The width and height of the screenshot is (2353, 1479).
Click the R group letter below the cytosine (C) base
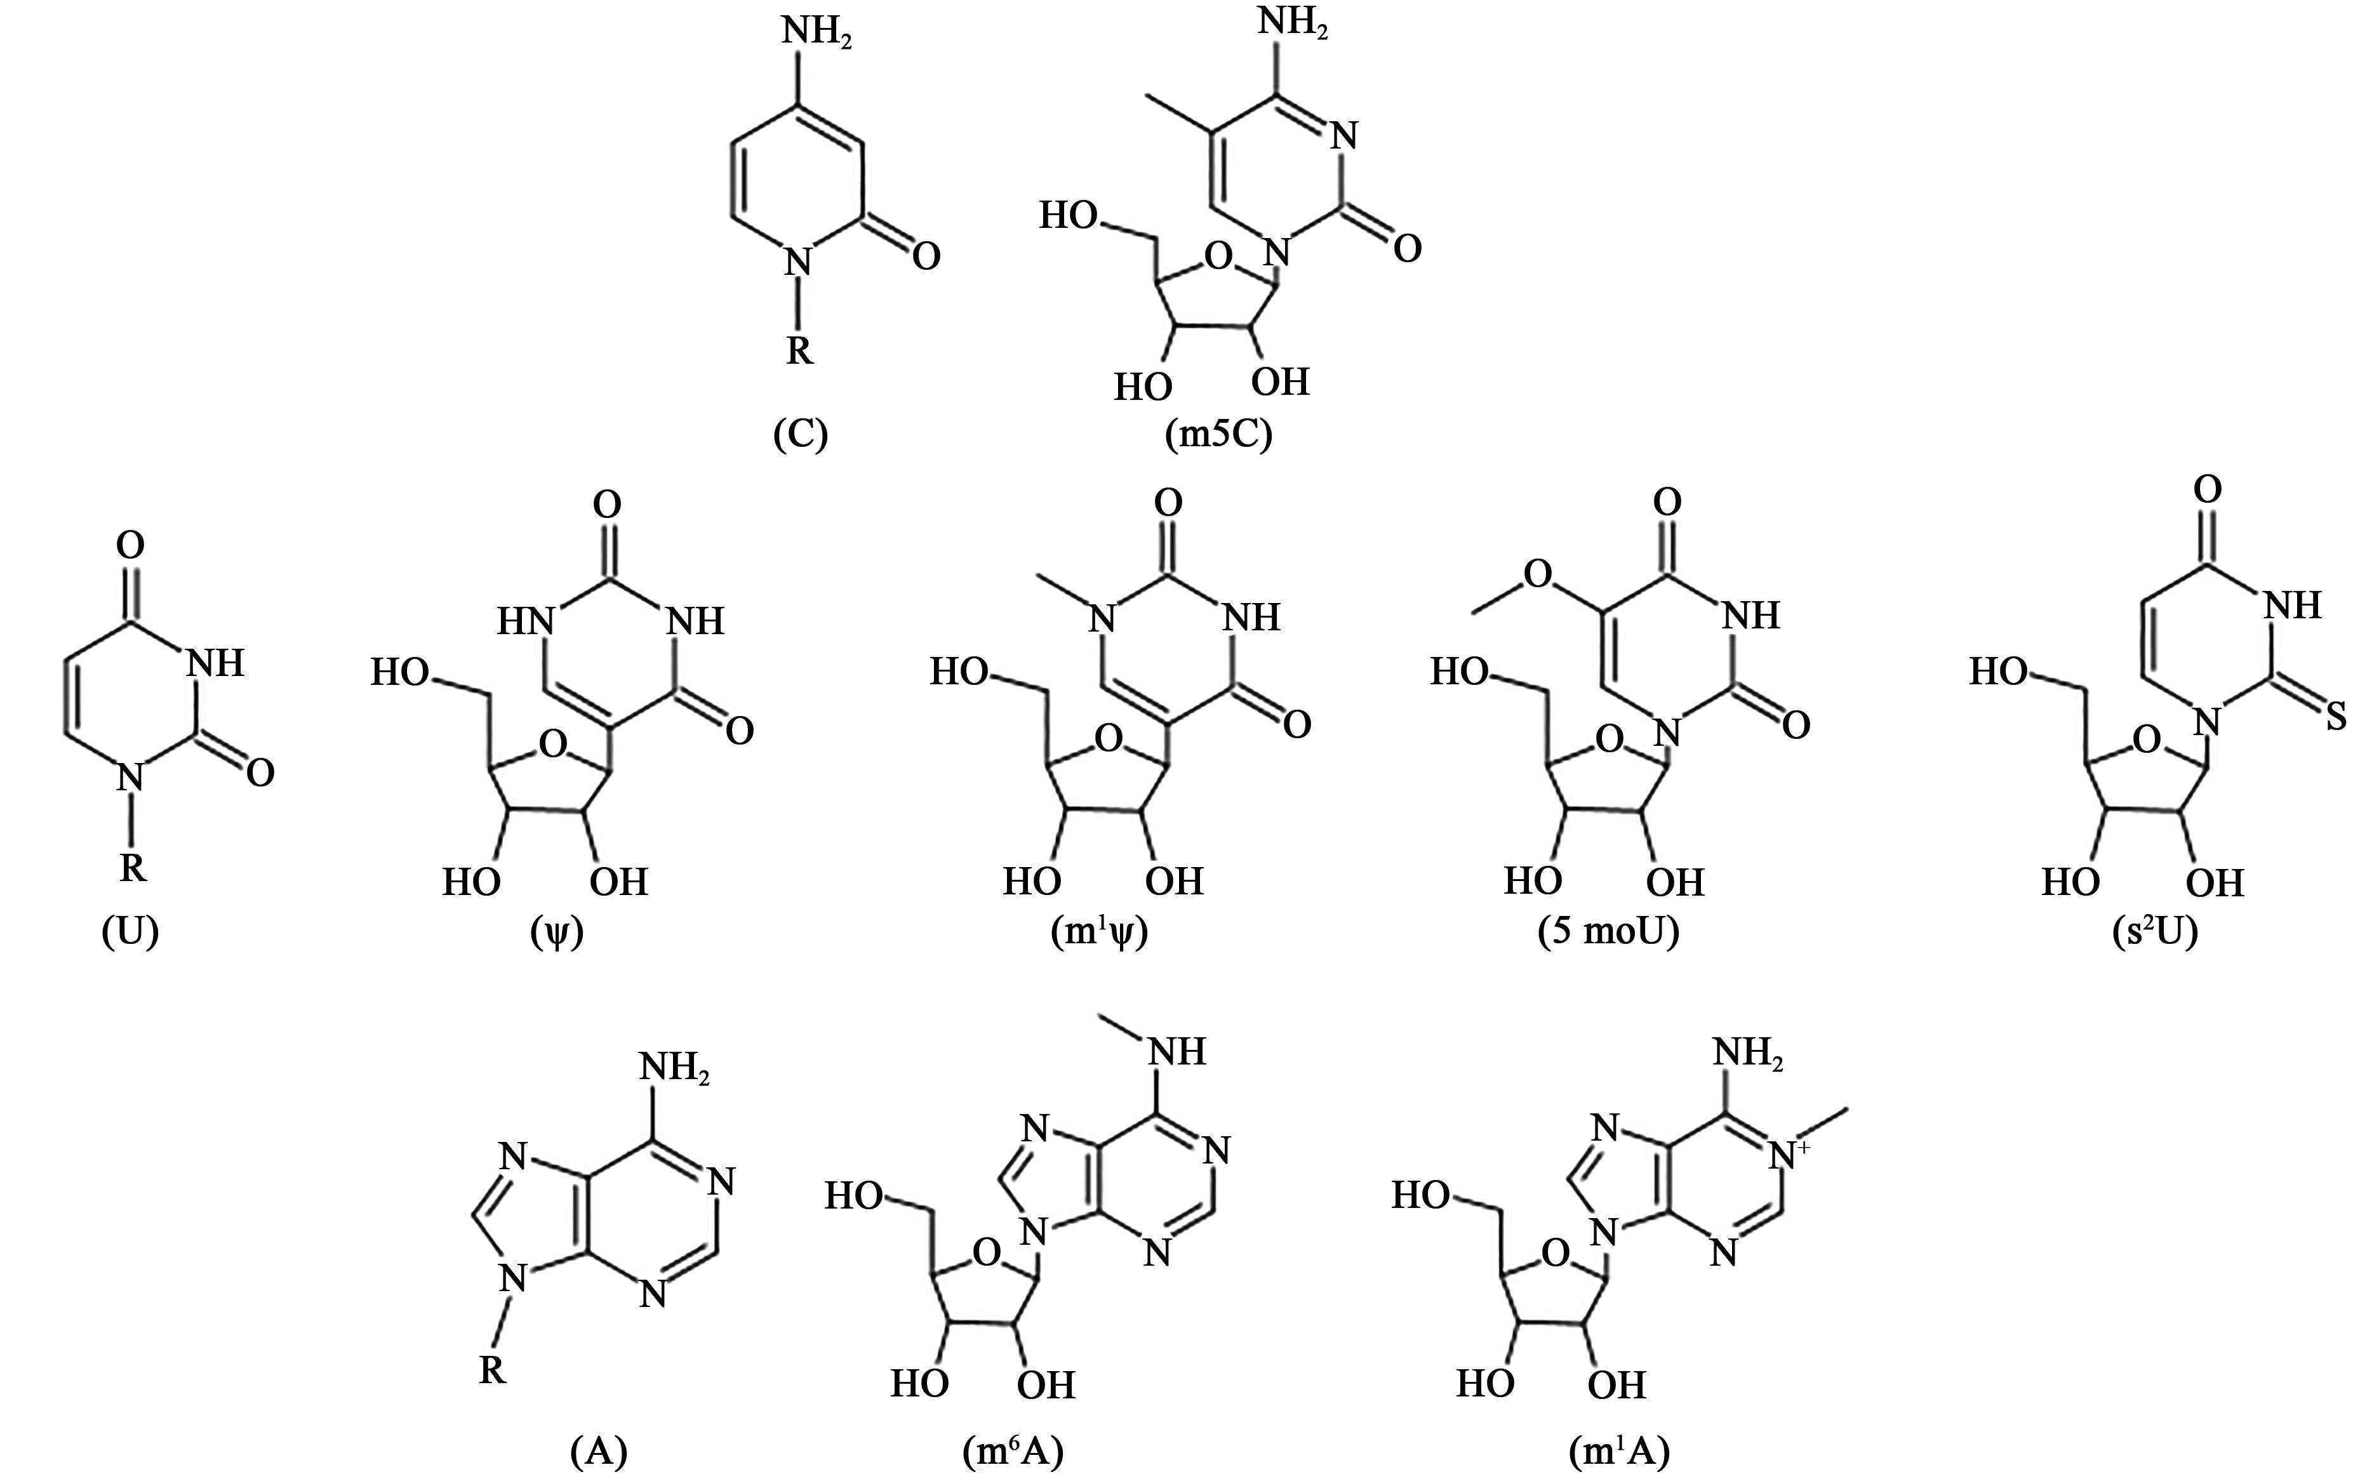(799, 348)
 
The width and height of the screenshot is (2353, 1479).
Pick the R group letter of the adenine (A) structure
(491, 1370)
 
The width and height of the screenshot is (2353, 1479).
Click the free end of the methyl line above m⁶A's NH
(1100, 1016)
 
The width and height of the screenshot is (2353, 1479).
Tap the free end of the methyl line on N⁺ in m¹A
(1847, 1108)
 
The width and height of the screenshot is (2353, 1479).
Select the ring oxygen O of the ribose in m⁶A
(988, 1251)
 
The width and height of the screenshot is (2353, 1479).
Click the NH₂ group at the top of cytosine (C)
(816, 33)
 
